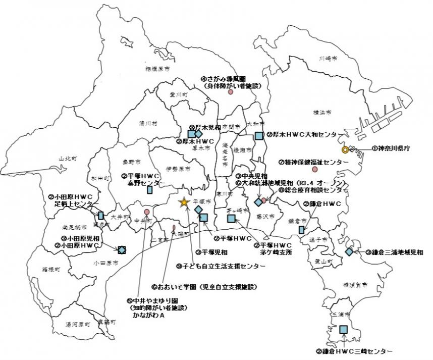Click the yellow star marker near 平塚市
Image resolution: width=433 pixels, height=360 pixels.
pos(184,202)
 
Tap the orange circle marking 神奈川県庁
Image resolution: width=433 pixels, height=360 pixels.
pos(345,149)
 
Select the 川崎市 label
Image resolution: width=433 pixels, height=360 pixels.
pos(328,59)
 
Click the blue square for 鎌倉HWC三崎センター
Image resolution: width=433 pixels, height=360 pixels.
pos(344,329)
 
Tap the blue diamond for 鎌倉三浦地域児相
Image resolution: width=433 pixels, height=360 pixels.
pos(349,251)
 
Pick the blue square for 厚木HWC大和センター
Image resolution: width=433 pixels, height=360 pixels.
pos(259,135)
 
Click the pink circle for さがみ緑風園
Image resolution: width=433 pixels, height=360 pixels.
pos(231,92)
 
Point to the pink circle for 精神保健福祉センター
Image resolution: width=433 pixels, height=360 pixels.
pos(315,170)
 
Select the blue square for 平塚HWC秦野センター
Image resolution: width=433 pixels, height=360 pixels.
pos(149,190)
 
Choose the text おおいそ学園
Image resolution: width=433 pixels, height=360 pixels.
pos(180,287)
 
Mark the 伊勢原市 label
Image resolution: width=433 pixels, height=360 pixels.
pos(178,169)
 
